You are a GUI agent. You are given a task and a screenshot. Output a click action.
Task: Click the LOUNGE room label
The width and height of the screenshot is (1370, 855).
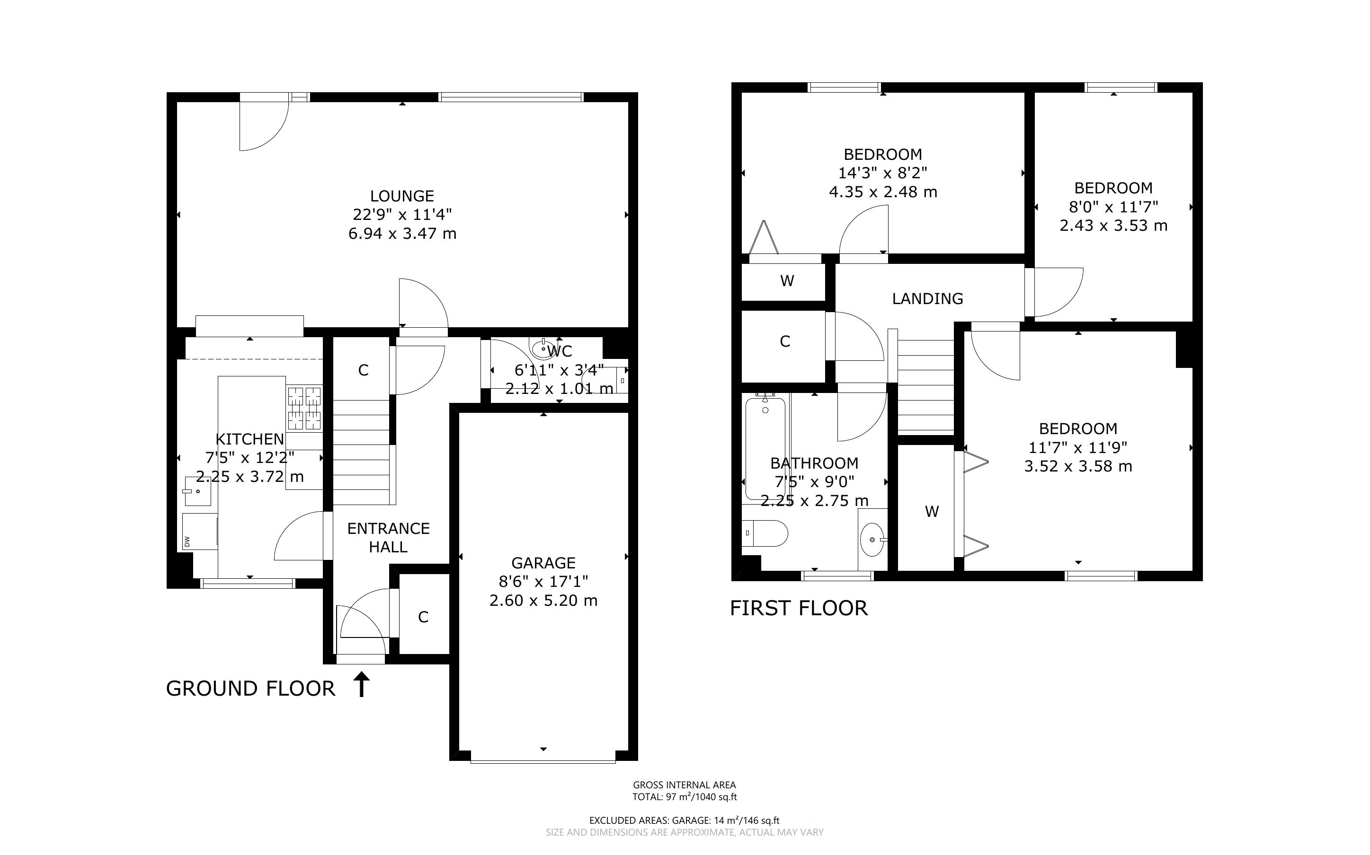pyautogui.click(x=402, y=196)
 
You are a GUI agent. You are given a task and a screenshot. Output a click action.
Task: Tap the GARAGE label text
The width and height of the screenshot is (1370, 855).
pyautogui.click(x=543, y=563)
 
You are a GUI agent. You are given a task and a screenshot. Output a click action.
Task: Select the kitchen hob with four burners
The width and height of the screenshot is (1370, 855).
pyautogui.click(x=304, y=408)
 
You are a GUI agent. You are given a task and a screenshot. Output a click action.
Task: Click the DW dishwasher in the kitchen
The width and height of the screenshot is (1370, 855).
pyautogui.click(x=200, y=532)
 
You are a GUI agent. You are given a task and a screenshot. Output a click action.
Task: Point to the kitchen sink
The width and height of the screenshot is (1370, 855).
pyautogui.click(x=197, y=491)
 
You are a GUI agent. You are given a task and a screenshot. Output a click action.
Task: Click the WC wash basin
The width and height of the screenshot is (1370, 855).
pyautogui.click(x=544, y=349)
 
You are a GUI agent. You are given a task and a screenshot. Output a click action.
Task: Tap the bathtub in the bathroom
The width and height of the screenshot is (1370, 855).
pyautogui.click(x=765, y=448)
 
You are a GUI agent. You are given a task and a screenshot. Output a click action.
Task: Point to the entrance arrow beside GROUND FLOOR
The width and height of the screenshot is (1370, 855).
pyautogui.click(x=362, y=684)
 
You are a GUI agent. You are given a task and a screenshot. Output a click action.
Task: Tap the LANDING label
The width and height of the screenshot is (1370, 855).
pyautogui.click(x=927, y=298)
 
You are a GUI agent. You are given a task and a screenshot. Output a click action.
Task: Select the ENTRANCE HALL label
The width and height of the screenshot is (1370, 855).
pyautogui.click(x=388, y=538)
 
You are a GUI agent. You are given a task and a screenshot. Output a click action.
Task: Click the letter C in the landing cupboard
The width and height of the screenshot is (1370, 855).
pyautogui.click(x=785, y=341)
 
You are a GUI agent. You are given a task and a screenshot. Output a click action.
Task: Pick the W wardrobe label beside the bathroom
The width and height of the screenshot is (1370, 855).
pyautogui.click(x=932, y=512)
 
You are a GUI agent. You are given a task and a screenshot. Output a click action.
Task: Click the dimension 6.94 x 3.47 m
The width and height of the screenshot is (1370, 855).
pyautogui.click(x=402, y=234)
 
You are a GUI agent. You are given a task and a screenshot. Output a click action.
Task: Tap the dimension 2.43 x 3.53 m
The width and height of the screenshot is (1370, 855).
pyautogui.click(x=1113, y=226)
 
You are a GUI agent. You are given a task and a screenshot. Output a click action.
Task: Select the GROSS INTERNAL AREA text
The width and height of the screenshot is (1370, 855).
pyautogui.click(x=684, y=785)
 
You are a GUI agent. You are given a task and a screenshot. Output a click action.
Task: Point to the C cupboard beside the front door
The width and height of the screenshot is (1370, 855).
pyautogui.click(x=423, y=617)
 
